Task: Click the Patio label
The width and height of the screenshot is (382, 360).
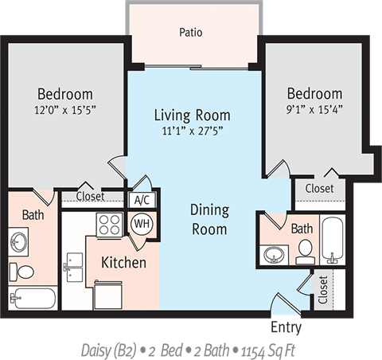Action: [191, 33]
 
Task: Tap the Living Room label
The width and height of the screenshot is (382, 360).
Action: [192, 115]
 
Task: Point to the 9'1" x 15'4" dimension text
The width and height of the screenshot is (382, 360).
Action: [314, 109]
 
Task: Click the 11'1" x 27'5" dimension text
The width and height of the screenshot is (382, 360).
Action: [192, 132]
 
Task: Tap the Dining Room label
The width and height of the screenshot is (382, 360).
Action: [209, 220]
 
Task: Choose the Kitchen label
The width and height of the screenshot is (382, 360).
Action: [123, 262]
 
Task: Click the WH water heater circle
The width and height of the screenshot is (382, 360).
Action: [142, 223]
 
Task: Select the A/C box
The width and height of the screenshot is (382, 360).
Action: [142, 200]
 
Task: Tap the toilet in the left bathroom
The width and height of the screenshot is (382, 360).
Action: [25, 272]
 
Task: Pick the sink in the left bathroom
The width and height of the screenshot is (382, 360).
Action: [20, 241]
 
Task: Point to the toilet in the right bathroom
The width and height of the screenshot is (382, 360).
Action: [305, 252]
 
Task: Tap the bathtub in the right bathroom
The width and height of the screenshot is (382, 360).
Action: [331, 239]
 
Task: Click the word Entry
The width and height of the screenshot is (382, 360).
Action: [286, 327]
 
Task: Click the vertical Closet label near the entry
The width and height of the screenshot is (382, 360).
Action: [322, 291]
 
